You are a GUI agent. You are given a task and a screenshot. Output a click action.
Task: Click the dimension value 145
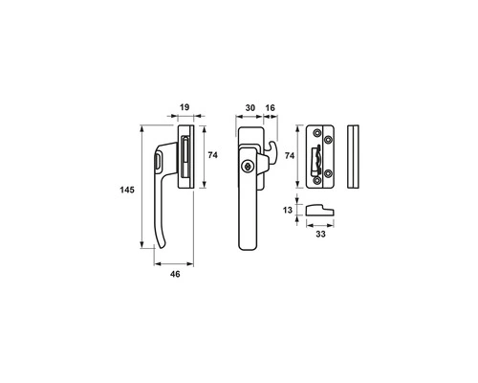(x=127, y=190)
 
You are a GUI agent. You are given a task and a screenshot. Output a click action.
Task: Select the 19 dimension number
(x=185, y=107)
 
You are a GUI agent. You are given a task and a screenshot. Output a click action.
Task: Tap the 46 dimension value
(x=175, y=274)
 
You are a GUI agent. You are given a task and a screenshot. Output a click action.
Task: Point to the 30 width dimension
(x=250, y=108)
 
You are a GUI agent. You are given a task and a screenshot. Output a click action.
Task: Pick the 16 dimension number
(x=270, y=108)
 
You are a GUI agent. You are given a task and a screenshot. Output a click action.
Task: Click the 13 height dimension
(x=288, y=210)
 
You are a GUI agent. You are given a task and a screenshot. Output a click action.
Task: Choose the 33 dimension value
(x=320, y=234)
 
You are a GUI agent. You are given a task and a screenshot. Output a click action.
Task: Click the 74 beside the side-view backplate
(x=212, y=155)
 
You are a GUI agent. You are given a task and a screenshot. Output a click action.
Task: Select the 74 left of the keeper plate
(x=290, y=156)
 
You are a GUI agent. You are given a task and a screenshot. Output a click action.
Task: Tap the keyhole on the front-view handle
(x=247, y=167)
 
